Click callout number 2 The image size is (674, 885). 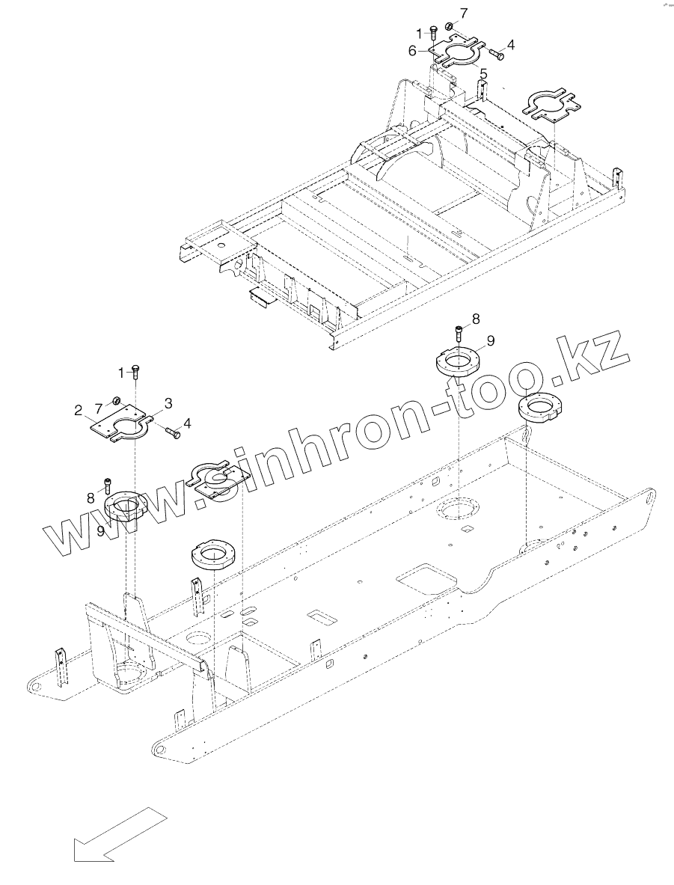(78, 409)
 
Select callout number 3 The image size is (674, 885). (169, 404)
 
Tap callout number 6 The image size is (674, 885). (412, 51)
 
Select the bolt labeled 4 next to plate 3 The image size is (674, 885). (171, 432)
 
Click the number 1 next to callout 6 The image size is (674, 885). (420, 32)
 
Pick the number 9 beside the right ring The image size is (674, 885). (491, 340)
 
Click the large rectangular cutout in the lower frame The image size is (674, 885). (425, 580)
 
